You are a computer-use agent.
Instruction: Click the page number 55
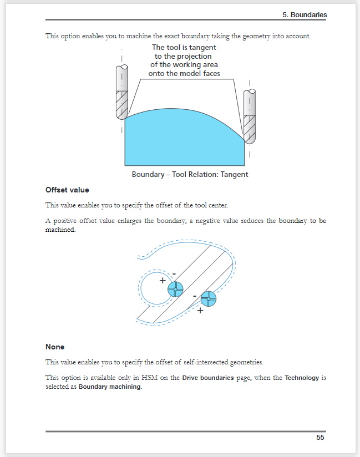320,438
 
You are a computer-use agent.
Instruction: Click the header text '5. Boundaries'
305,15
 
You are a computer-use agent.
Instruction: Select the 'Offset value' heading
67,190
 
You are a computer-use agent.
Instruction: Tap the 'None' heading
55,347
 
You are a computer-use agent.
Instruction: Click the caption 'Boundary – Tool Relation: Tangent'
190,174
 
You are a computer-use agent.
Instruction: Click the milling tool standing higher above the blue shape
121,92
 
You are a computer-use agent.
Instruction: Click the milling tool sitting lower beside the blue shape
250,116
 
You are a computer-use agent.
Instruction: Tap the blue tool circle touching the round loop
175,289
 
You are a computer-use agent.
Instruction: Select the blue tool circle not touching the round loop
209,298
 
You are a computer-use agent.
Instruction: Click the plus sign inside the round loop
163,281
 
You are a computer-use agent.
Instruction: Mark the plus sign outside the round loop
200,311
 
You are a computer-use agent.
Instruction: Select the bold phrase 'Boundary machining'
109,387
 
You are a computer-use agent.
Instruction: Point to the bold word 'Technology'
302,378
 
